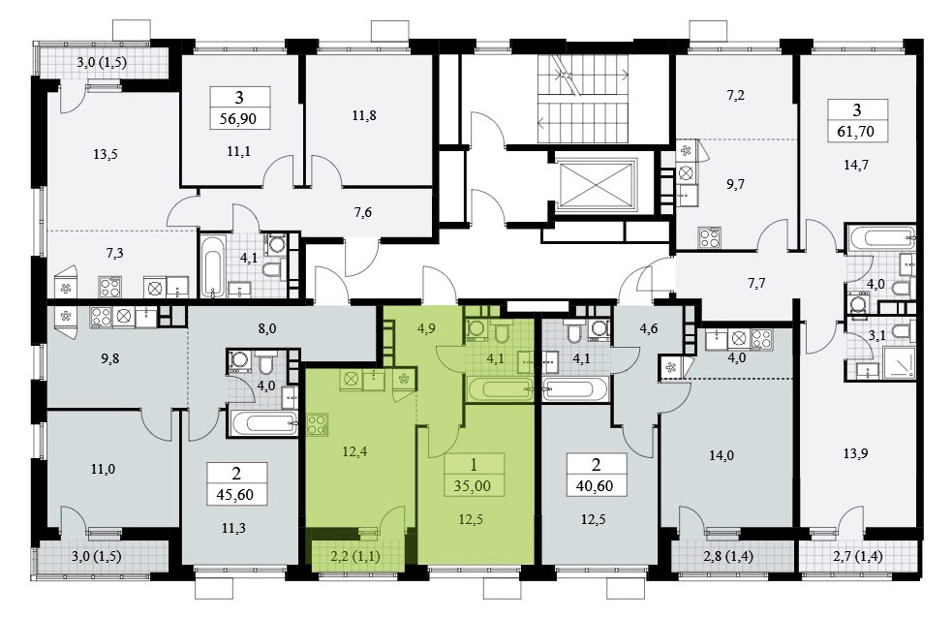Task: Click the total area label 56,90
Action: click(x=238, y=119)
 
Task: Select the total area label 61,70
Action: click(x=856, y=131)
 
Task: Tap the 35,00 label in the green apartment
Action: click(x=473, y=486)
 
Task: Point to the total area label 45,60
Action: click(x=235, y=495)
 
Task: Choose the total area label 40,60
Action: click(x=595, y=486)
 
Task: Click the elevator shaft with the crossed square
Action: click(x=597, y=180)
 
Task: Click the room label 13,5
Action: click(x=106, y=154)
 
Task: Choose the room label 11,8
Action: click(x=364, y=115)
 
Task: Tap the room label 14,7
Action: click(x=856, y=164)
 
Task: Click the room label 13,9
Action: click(x=855, y=454)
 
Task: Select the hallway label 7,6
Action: click(x=362, y=212)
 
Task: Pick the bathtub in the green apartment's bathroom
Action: click(x=499, y=388)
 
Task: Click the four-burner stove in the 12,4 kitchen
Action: click(x=319, y=423)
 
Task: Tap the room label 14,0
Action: click(x=722, y=454)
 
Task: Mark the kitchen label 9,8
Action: click(x=110, y=358)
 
